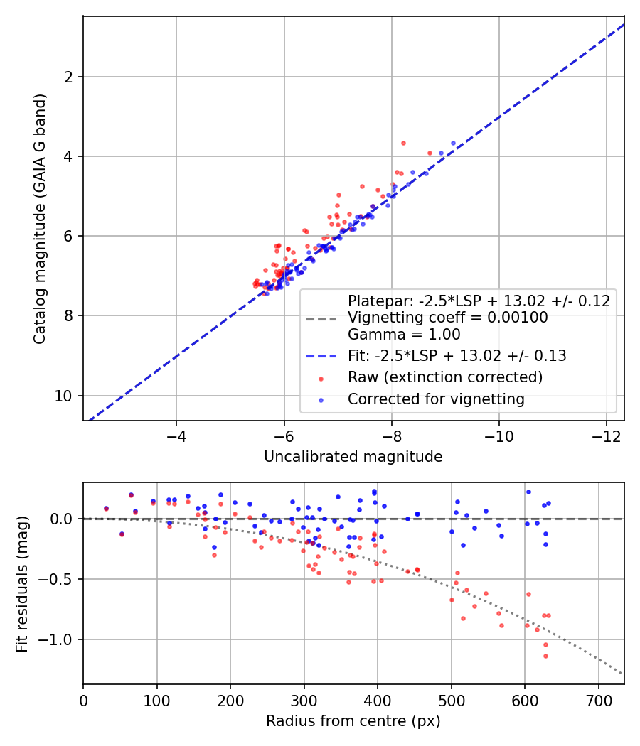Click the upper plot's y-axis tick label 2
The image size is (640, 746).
(x=68, y=77)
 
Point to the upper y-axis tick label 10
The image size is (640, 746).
(x=64, y=396)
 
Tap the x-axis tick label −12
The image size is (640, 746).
(x=606, y=436)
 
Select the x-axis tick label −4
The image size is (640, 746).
(x=176, y=436)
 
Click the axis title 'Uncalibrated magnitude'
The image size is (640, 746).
(x=353, y=457)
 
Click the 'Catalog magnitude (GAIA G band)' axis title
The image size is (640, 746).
(x=40, y=219)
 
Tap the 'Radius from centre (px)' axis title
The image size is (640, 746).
(x=353, y=721)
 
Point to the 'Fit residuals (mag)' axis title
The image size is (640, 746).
(x=22, y=584)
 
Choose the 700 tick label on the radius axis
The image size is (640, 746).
(x=599, y=701)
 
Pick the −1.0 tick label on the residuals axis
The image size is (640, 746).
(x=56, y=640)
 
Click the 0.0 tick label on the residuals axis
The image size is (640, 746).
(x=62, y=519)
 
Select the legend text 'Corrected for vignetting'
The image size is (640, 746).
(x=436, y=399)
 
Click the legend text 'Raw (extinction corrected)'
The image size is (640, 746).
(x=445, y=377)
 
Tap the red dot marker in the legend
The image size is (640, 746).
(x=321, y=379)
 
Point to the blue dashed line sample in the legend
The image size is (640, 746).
(x=321, y=357)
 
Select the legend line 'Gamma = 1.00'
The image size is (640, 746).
(x=405, y=335)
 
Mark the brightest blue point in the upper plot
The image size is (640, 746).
(x=454, y=144)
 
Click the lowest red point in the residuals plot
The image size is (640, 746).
(x=545, y=656)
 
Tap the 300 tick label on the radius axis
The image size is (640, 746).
(x=304, y=701)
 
